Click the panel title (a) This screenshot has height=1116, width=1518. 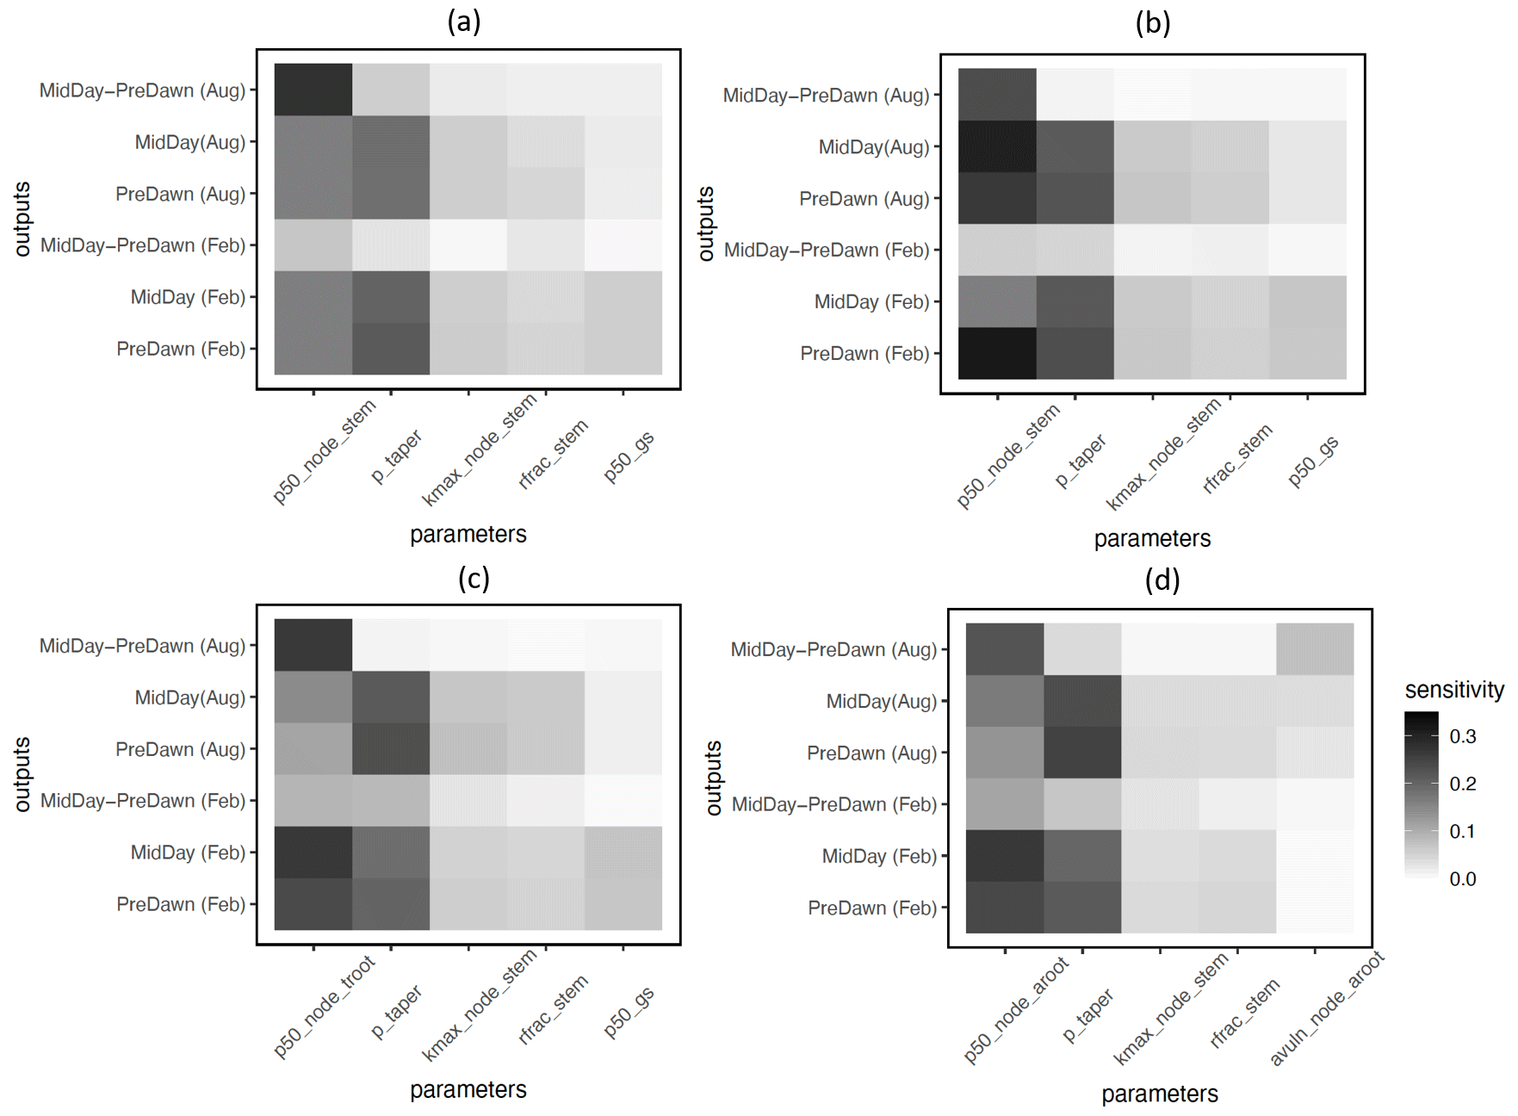tap(464, 22)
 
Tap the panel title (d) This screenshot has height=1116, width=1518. tap(1162, 580)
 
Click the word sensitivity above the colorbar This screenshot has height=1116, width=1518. tap(1453, 690)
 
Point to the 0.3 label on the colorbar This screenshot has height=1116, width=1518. tap(1462, 736)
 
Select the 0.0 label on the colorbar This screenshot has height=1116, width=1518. tap(1462, 879)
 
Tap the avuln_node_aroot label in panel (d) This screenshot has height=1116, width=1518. tap(1326, 1008)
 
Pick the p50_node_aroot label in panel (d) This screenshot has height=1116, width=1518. tap(1016, 1009)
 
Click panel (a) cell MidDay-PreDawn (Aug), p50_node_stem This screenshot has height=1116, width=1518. tap(313, 90)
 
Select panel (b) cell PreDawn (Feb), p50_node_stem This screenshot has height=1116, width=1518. tap(997, 353)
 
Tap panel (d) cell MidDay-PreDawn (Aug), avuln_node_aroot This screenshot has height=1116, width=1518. tap(1315, 648)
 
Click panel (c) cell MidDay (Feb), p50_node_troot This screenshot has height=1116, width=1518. tap(313, 852)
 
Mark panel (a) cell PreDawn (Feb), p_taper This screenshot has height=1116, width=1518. tap(391, 349)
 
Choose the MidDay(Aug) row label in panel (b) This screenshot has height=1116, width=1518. tap(873, 147)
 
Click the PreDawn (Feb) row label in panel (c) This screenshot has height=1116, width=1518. tap(181, 904)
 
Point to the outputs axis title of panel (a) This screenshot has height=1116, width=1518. tap(22, 219)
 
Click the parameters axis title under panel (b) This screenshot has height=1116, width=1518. tap(1152, 539)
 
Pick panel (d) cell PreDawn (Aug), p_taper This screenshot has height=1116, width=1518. tap(1082, 752)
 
